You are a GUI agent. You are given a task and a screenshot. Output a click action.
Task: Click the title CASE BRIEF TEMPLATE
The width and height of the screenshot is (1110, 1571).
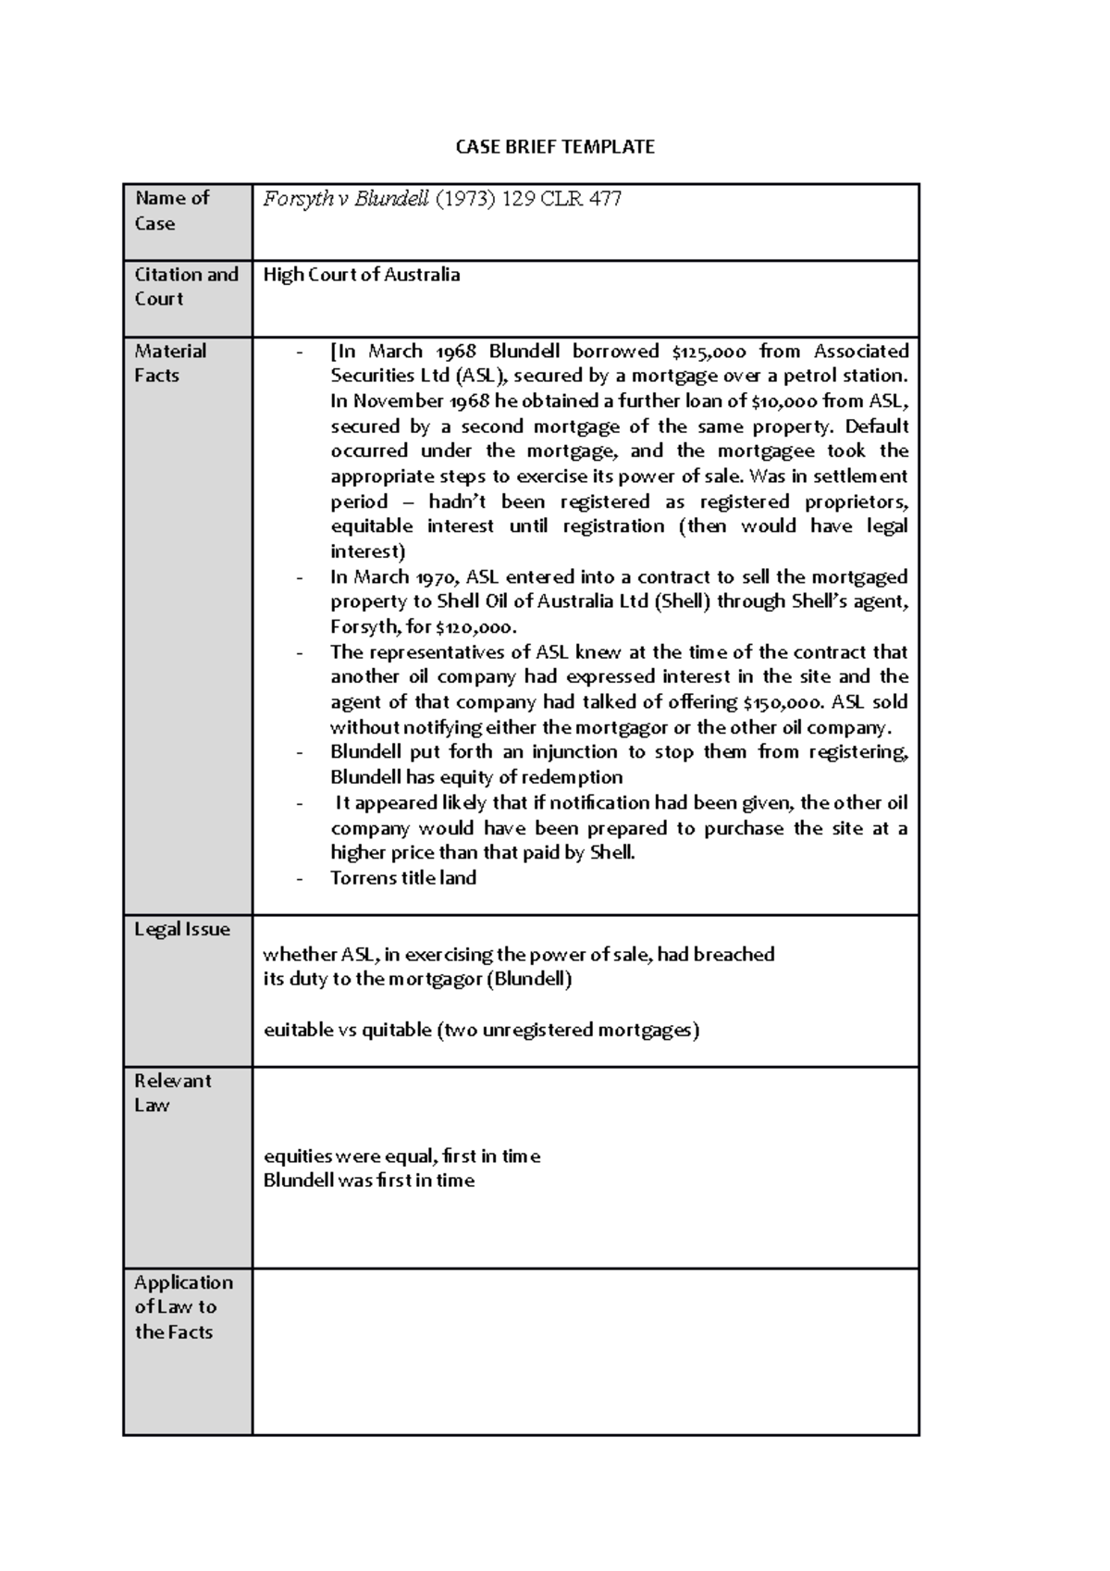point(555,147)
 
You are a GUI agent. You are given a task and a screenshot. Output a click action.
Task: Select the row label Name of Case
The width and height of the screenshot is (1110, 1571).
point(171,211)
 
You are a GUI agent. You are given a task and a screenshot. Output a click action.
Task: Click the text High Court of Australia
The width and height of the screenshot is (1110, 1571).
point(362,275)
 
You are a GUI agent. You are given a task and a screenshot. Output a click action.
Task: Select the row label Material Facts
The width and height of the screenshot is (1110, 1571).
point(170,364)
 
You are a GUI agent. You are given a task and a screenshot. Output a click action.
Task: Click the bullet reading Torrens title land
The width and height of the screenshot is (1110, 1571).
point(403,878)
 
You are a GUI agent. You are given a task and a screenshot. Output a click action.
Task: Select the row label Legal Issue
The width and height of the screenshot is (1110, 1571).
point(182,930)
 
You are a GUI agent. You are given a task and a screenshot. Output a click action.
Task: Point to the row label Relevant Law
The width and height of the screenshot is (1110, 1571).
point(172,1094)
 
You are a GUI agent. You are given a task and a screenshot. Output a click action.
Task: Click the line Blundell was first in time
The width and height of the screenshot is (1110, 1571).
point(369,1181)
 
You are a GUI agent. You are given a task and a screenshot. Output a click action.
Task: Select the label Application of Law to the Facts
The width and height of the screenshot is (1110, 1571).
point(182,1307)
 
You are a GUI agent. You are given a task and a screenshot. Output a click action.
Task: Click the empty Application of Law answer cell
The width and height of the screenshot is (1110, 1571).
point(585,1352)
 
